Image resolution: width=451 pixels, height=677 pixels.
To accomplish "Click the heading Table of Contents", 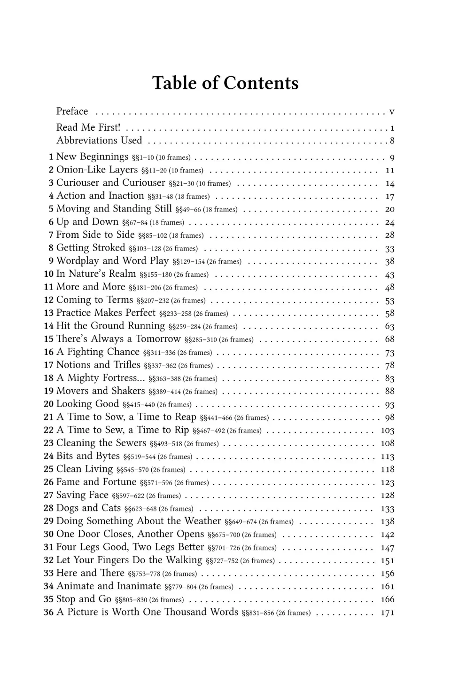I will coord(225,83).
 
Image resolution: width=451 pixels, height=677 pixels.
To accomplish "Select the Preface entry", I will coord(72,111).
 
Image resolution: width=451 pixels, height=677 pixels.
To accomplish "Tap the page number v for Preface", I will coord(392,112).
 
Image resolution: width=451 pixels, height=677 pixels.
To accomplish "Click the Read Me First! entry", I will coord(88,127).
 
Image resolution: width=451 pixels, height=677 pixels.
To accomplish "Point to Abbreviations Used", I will coord(99,141).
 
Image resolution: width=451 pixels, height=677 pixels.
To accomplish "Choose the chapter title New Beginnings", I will coord(92,157).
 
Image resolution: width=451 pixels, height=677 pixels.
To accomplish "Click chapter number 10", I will coord(48,274).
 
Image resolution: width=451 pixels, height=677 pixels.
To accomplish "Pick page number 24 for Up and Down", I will coord(389,222).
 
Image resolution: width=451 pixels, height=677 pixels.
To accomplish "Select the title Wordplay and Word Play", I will coord(112,261).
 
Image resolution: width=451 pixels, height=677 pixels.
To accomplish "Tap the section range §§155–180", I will coord(155,275).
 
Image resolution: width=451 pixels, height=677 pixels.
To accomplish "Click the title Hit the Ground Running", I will coord(110,326).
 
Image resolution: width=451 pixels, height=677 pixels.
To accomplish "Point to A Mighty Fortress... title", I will coord(101,378).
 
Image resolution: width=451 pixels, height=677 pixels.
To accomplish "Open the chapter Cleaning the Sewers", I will coord(101,443).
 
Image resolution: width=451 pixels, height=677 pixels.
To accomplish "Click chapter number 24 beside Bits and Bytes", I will coord(48,456).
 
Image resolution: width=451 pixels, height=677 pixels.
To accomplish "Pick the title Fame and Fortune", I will coord(96,482).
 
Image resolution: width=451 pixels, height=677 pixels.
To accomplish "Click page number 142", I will coord(388,535).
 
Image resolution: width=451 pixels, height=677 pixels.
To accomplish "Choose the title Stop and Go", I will coord(84,599).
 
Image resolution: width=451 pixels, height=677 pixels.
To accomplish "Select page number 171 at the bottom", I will coord(388,613).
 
